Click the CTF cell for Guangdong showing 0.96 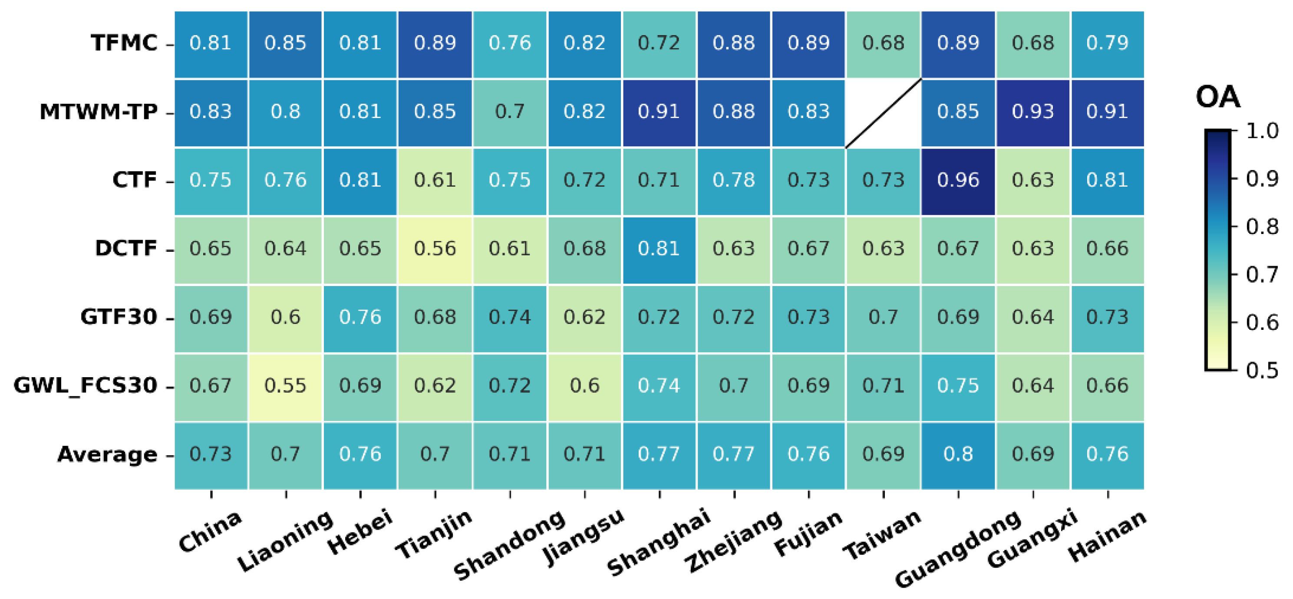click(x=958, y=181)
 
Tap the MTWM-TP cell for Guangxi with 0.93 click(x=1032, y=112)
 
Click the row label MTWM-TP click(x=99, y=112)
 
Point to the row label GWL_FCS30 click(x=86, y=386)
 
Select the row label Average click(x=107, y=454)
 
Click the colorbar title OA click(x=1218, y=97)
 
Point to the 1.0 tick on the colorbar click(x=1262, y=132)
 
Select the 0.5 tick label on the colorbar click(x=1262, y=371)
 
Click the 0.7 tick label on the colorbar click(x=1262, y=275)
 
